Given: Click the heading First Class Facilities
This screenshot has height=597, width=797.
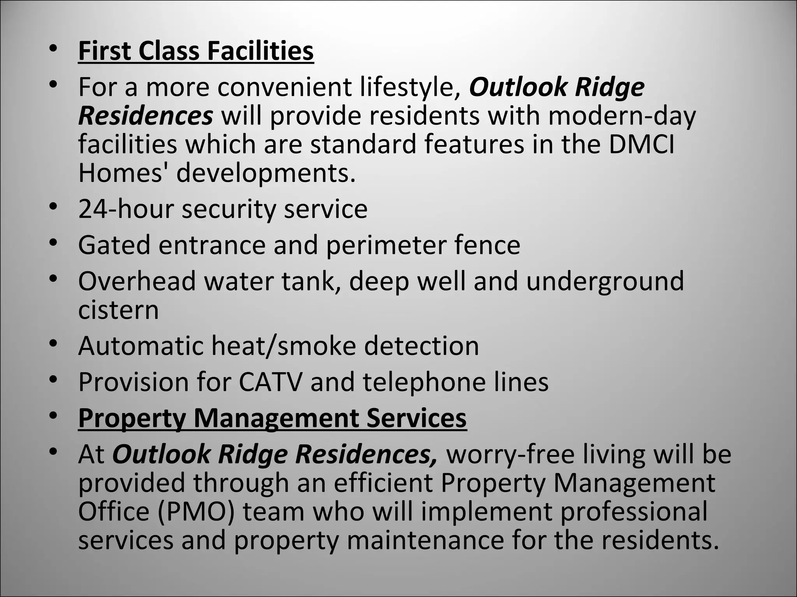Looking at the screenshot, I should [196, 51].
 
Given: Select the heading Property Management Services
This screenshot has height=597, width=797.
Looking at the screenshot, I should [272, 418].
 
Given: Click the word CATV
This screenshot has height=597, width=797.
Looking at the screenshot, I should [270, 382].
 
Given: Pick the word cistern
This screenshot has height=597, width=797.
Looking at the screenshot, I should [118, 310].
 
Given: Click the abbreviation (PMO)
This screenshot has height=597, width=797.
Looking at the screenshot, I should [196, 512].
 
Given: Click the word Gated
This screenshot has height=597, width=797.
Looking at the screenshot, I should [114, 245].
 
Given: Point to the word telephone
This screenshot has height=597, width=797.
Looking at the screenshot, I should [424, 382].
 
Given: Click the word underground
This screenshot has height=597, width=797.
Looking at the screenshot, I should [605, 281].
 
